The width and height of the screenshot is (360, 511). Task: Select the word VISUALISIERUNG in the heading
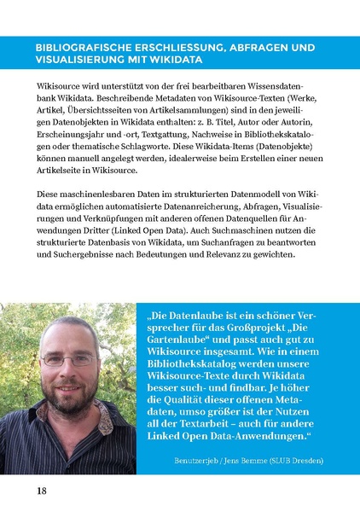click(78, 61)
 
